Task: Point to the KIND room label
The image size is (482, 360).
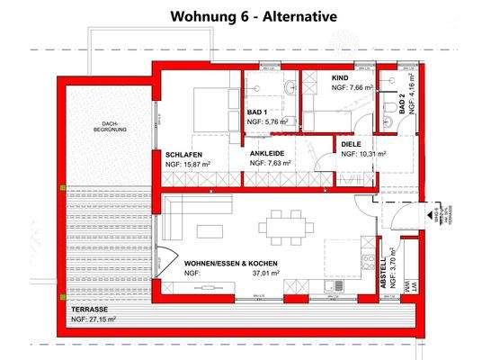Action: tap(341, 78)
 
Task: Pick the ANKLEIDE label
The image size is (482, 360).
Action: tap(267, 154)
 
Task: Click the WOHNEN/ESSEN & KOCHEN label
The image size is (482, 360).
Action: tap(231, 264)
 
